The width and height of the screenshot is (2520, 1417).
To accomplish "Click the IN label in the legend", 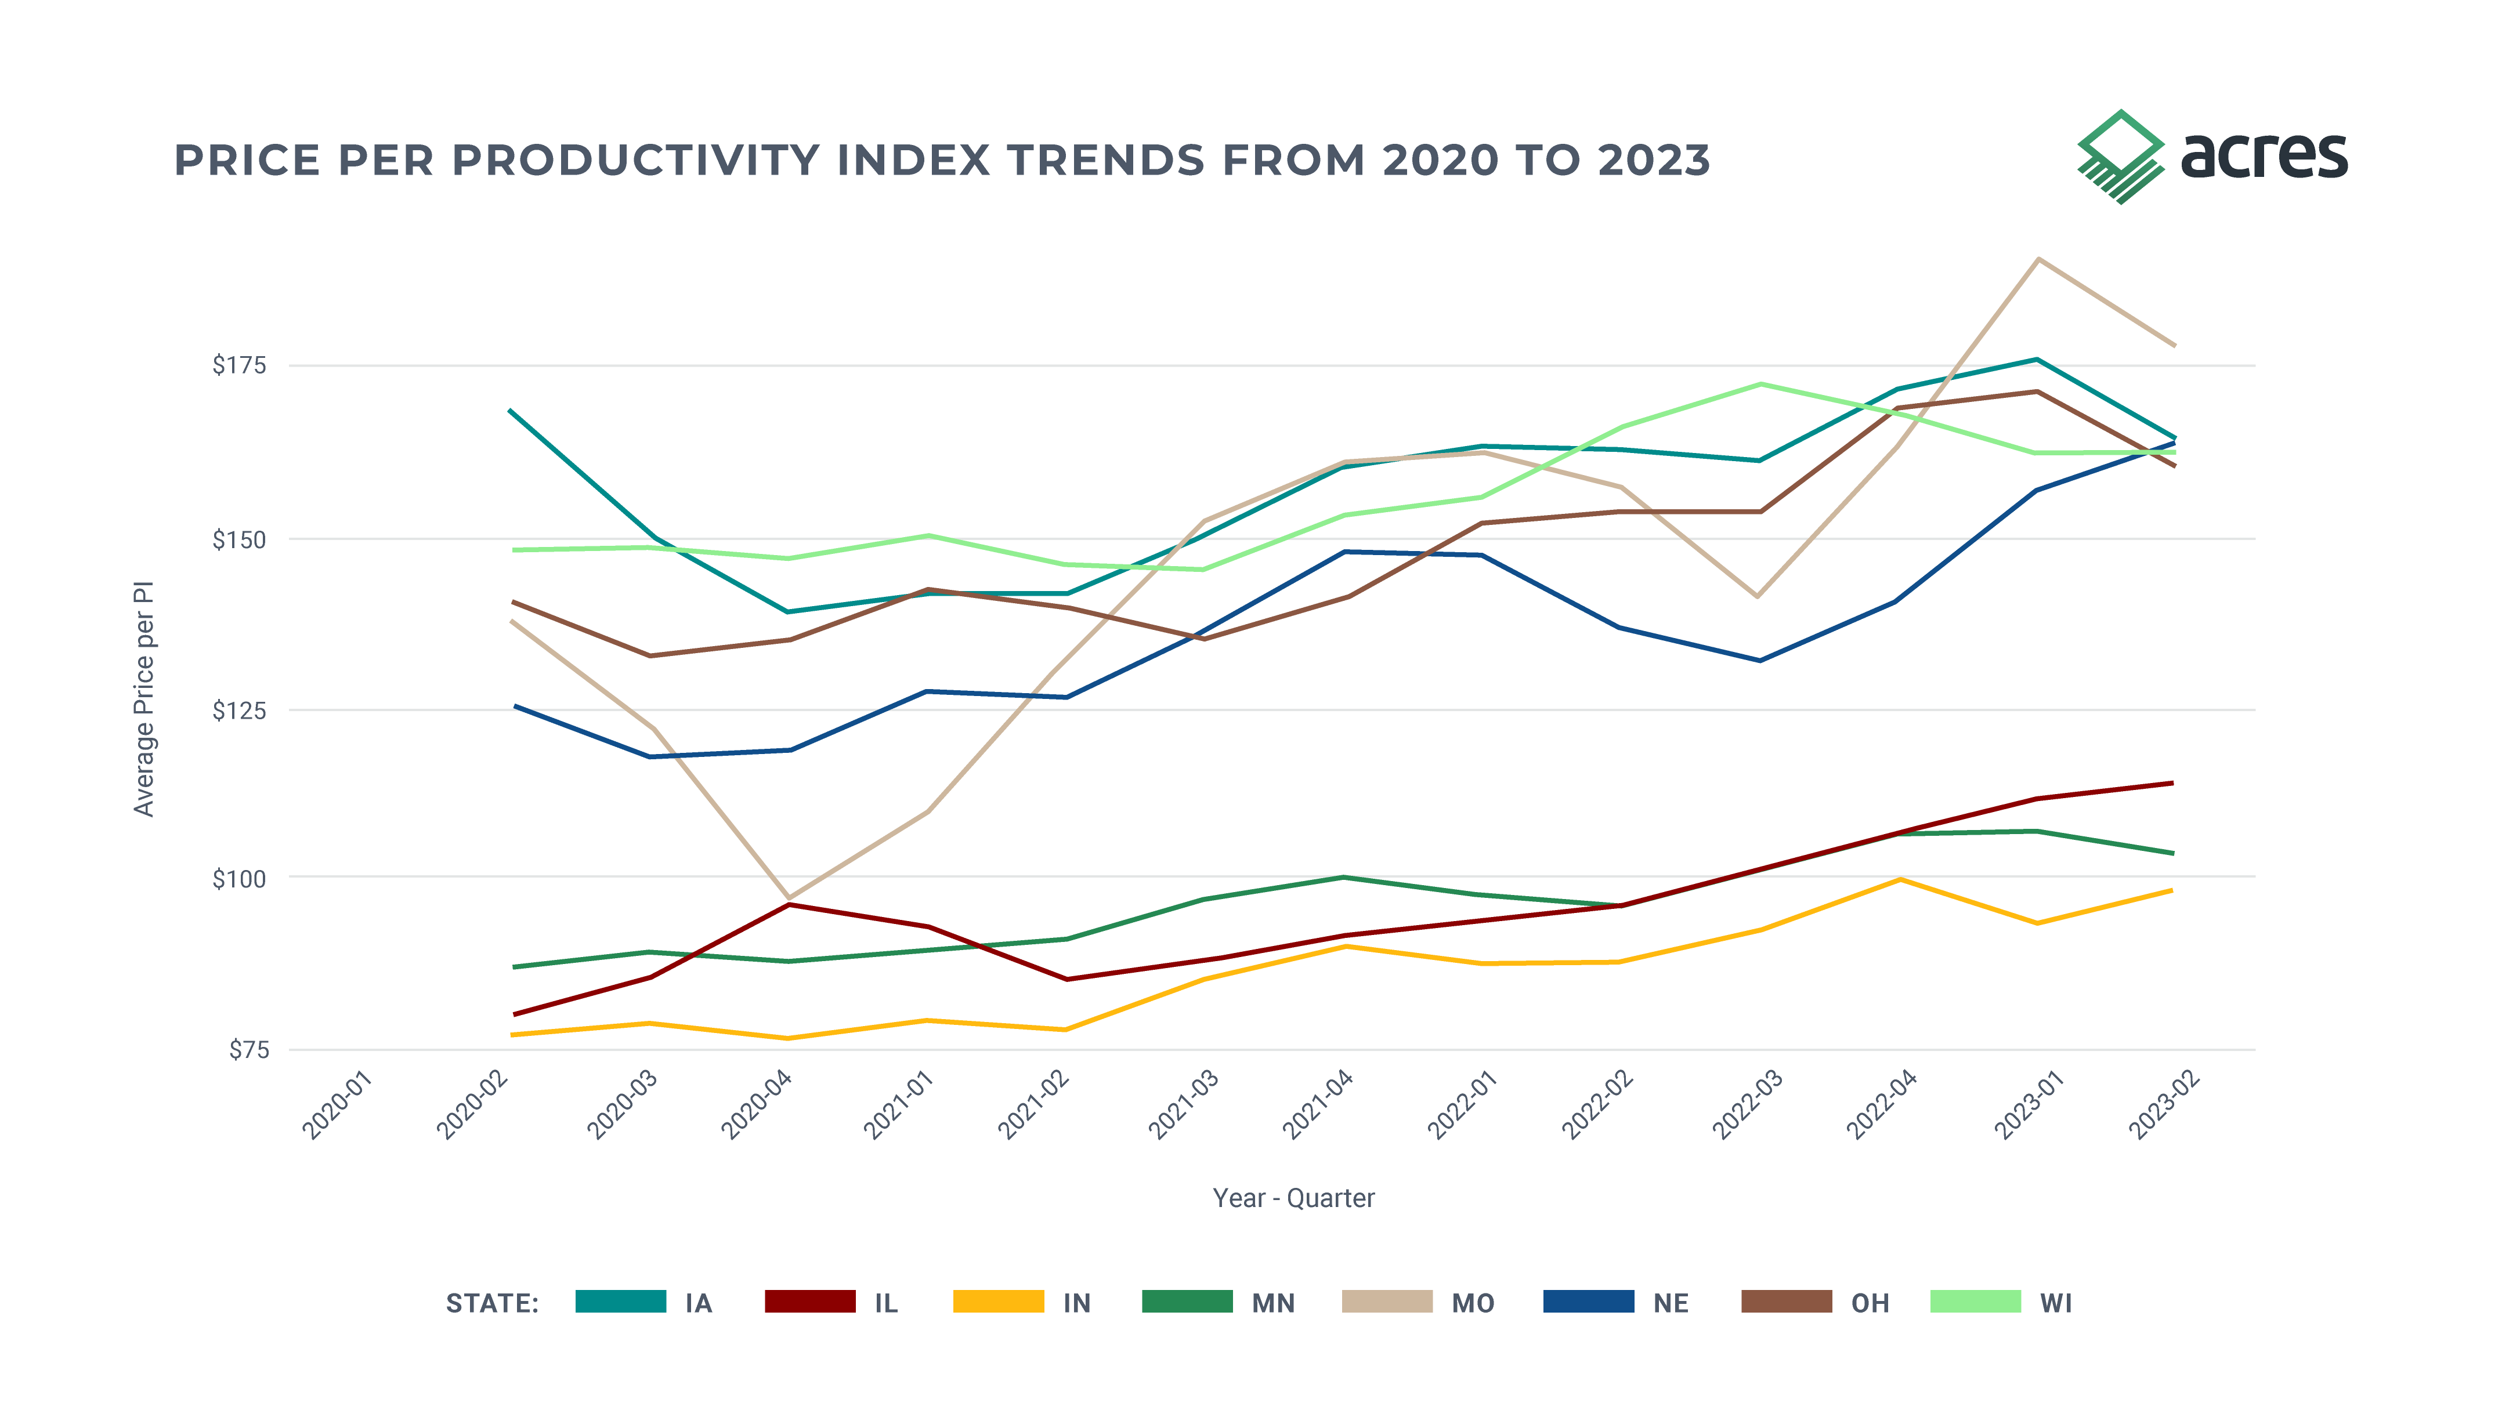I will (1076, 1303).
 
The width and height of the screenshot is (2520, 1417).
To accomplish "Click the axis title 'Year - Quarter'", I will (1293, 1198).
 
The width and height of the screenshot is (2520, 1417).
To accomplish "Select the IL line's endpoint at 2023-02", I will (2172, 782).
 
